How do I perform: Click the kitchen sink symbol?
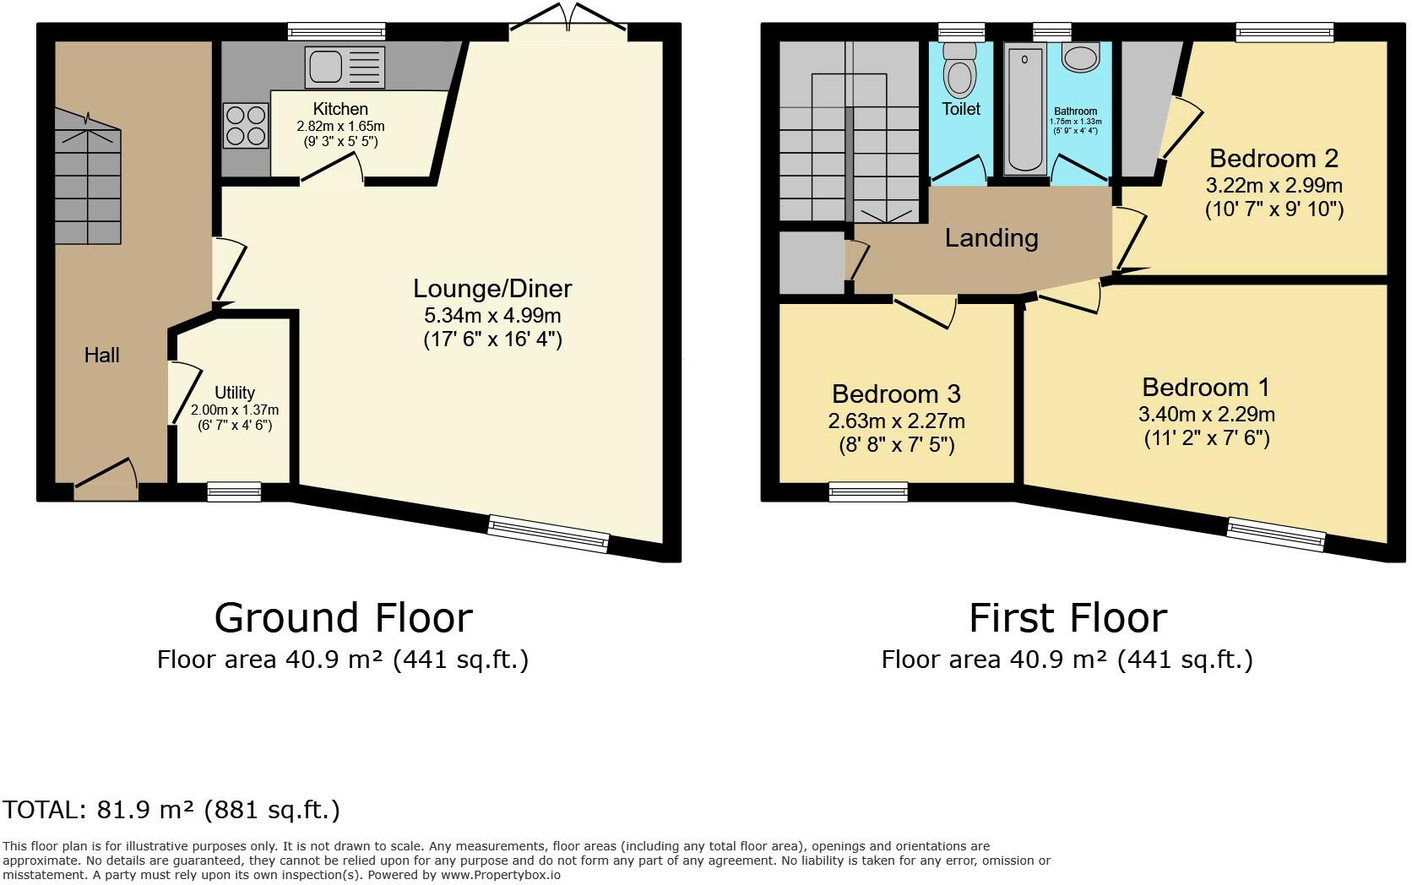345,68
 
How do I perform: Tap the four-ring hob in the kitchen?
246,125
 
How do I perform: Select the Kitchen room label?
340,109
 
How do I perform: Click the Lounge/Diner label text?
492,289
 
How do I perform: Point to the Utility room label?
234,393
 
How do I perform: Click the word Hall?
101,356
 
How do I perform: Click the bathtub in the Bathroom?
1025,110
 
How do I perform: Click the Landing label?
991,238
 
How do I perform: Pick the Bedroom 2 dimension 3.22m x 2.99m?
1274,185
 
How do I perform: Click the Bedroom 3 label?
896,394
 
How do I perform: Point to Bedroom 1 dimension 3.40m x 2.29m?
1206,415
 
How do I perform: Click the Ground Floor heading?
343,618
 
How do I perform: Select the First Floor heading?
1067,618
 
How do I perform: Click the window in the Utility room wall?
234,491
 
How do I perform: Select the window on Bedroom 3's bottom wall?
868,491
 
